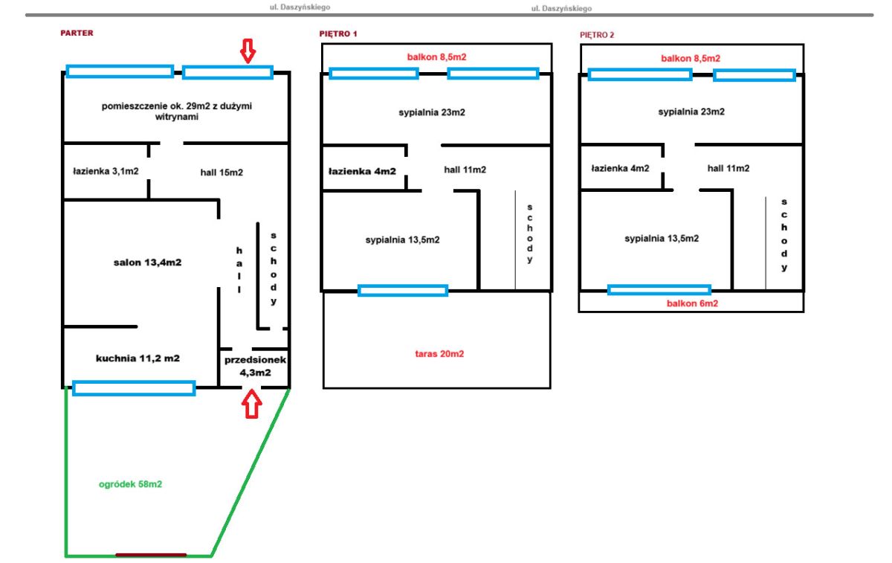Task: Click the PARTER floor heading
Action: pyautogui.click(x=77, y=33)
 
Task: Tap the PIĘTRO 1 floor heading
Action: pyautogui.click(x=338, y=34)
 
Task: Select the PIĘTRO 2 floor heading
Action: pyautogui.click(x=597, y=35)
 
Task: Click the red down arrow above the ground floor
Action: pyautogui.click(x=248, y=51)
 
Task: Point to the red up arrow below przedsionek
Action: pyautogui.click(x=252, y=404)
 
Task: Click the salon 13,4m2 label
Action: pyautogui.click(x=147, y=263)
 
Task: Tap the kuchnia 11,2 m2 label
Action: pyautogui.click(x=138, y=358)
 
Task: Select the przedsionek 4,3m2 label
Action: pyautogui.click(x=255, y=366)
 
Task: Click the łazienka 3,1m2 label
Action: pyautogui.click(x=106, y=171)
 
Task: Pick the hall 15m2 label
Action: pyautogui.click(x=222, y=173)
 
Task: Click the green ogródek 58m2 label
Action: pyautogui.click(x=131, y=484)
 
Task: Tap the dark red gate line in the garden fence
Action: pyautogui.click(x=151, y=555)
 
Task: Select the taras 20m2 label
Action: pyautogui.click(x=439, y=354)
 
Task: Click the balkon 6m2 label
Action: pyautogui.click(x=693, y=303)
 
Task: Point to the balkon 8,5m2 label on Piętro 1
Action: pyautogui.click(x=437, y=57)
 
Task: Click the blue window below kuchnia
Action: pyautogui.click(x=134, y=388)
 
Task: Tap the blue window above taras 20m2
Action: pyautogui.click(x=403, y=291)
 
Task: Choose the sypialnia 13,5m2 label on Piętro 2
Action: pyautogui.click(x=662, y=239)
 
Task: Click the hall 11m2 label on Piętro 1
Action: pyautogui.click(x=465, y=170)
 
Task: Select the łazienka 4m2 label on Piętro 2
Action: pyautogui.click(x=621, y=169)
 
